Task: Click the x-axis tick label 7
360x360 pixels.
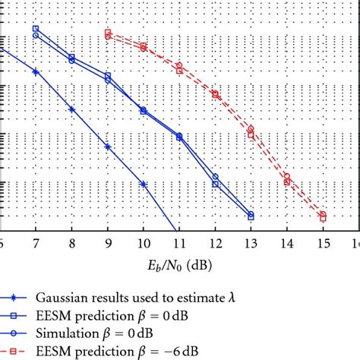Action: pos(36,243)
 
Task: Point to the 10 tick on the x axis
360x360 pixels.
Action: pos(143,243)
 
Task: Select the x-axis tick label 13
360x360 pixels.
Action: pos(251,243)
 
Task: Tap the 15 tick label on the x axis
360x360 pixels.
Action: pos(322,243)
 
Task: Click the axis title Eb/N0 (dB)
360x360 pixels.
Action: pos(179,266)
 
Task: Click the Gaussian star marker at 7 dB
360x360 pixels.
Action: pos(36,71)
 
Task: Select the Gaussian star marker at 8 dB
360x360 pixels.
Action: pos(71,109)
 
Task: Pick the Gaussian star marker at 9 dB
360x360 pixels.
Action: pos(108,147)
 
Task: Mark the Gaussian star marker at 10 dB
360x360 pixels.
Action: pos(144,184)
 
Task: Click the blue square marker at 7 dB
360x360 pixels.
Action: pos(36,29)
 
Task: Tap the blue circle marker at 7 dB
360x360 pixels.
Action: pos(36,36)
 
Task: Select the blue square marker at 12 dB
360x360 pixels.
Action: pos(215,184)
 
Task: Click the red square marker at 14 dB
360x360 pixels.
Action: pos(286,182)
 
